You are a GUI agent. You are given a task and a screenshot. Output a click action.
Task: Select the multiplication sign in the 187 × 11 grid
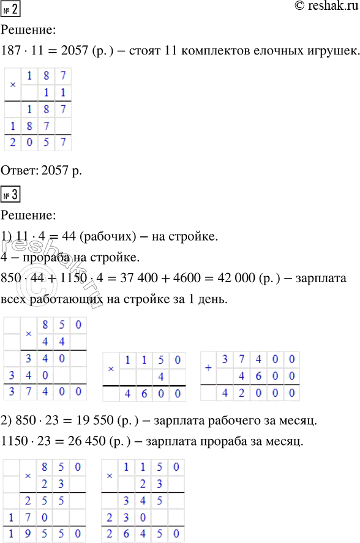(x=13, y=84)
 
